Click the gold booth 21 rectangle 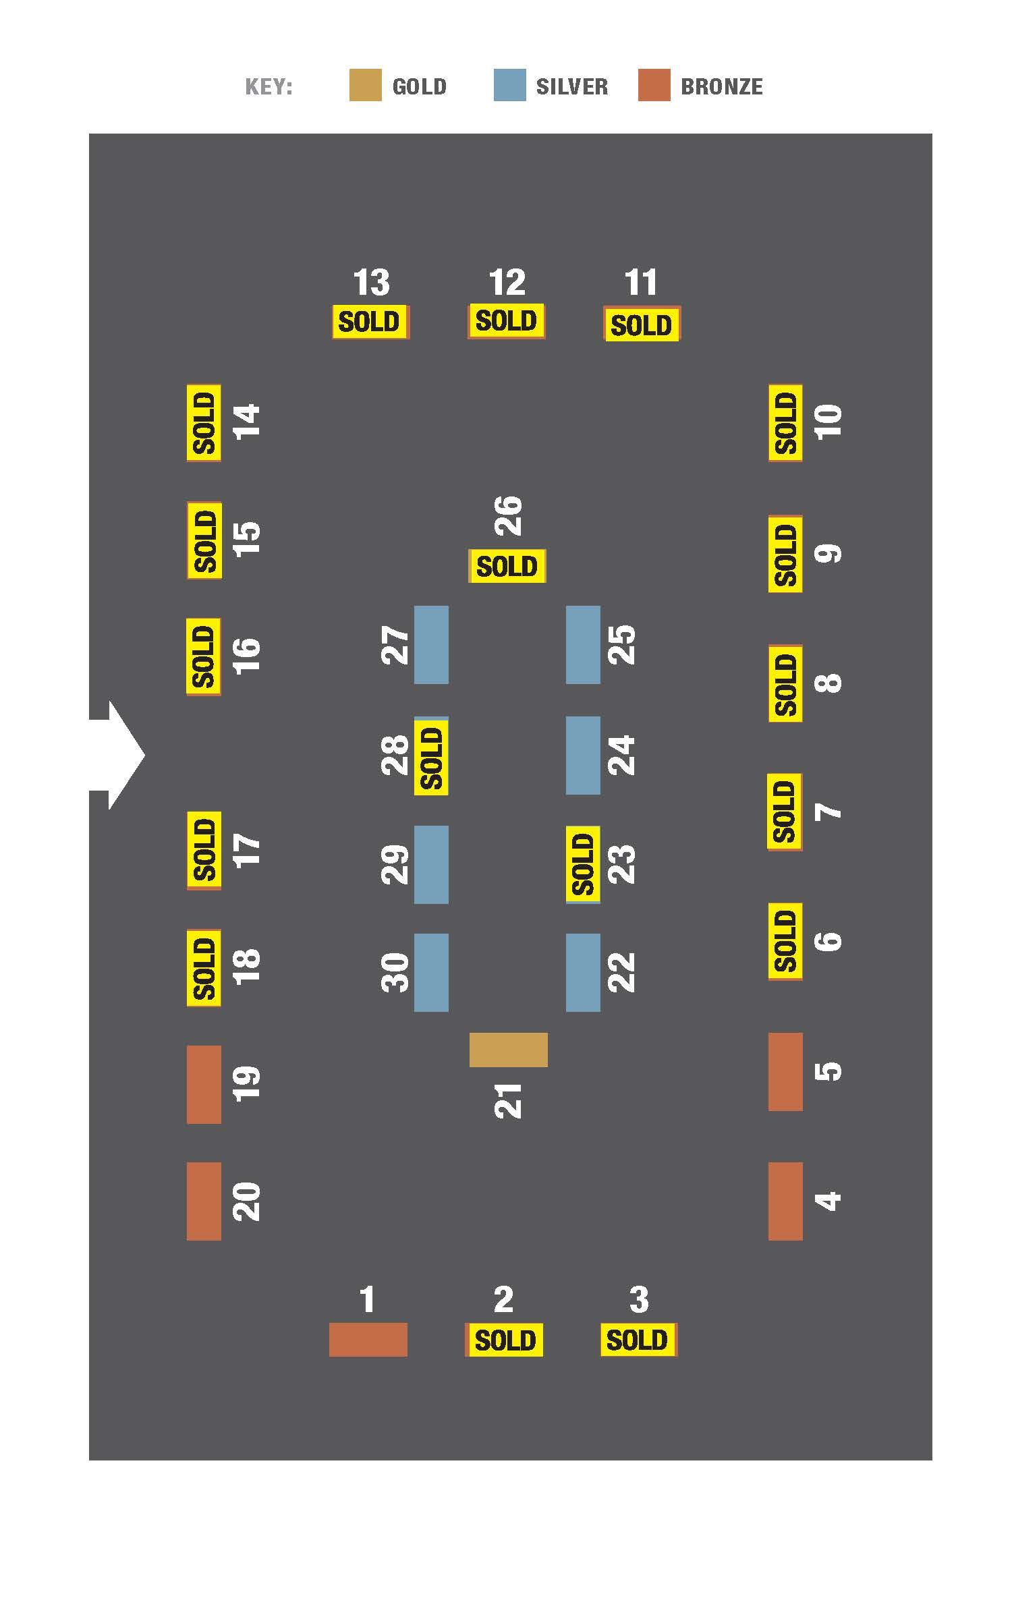pyautogui.click(x=508, y=1050)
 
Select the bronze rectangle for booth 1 pyautogui.click(x=368, y=1339)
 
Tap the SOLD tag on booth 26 pyautogui.click(x=507, y=566)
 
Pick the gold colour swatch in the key pyautogui.click(x=365, y=85)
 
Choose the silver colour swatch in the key pyautogui.click(x=509, y=85)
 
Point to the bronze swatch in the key pyautogui.click(x=654, y=85)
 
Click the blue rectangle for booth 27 pyautogui.click(x=431, y=645)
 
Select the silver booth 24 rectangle pyautogui.click(x=583, y=756)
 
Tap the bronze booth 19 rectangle pyautogui.click(x=204, y=1085)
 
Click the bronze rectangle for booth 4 pyautogui.click(x=785, y=1201)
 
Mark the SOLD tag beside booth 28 pyautogui.click(x=431, y=757)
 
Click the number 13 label pyautogui.click(x=372, y=282)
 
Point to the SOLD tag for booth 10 pyautogui.click(x=785, y=423)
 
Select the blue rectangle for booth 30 pyautogui.click(x=431, y=973)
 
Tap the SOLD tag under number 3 pyautogui.click(x=638, y=1340)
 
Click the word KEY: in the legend pyautogui.click(x=269, y=87)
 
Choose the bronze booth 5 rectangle pyautogui.click(x=785, y=1072)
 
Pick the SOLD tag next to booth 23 pyautogui.click(x=583, y=864)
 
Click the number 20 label pyautogui.click(x=246, y=1201)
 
